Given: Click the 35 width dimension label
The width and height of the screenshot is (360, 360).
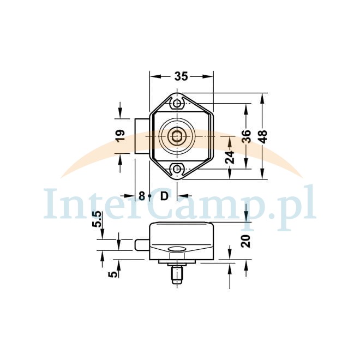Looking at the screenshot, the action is pos(181,76).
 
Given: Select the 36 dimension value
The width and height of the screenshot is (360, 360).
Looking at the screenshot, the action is pos(247,136).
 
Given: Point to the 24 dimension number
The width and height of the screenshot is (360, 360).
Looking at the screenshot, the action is pos(230,157).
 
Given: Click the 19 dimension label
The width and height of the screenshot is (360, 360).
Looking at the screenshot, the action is pos(120,135).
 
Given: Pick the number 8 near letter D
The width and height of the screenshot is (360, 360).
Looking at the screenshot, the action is pos(142,196).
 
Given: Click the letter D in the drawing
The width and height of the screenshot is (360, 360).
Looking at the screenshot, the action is pos(164,196).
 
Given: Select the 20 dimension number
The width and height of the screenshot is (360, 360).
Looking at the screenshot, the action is pos(246,241).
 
